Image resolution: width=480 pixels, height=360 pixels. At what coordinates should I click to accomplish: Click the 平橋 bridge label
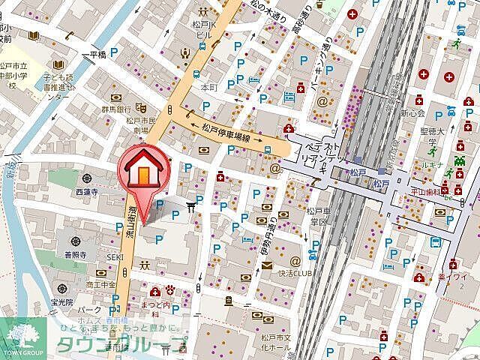[x=97, y=55]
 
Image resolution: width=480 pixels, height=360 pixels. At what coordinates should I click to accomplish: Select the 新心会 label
[x=412, y=112]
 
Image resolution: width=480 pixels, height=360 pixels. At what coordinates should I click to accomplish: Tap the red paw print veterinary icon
[x=170, y=291]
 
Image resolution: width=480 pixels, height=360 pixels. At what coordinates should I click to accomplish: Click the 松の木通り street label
[x=266, y=13]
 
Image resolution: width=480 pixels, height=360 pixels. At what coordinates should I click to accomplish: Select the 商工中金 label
[x=101, y=284]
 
